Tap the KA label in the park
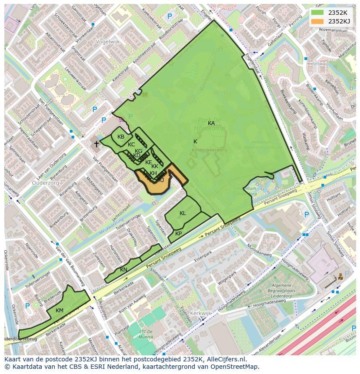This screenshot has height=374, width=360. (211, 123)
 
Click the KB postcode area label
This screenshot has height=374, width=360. (121, 137)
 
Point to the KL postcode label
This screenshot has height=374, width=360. (183, 213)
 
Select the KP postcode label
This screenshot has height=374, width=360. (178, 234)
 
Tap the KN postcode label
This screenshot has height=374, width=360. (124, 270)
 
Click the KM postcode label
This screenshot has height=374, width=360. (60, 310)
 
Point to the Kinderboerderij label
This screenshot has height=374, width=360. (209, 149)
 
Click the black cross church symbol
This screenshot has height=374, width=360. (97, 144)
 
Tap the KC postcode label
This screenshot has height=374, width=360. (131, 145)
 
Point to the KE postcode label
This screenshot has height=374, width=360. (149, 162)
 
